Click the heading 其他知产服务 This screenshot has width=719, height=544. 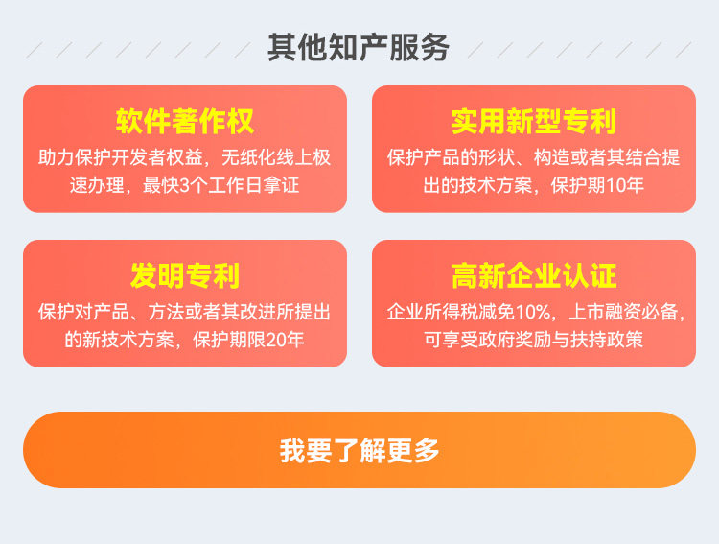tap(359, 48)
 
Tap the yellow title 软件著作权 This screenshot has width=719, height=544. tap(185, 122)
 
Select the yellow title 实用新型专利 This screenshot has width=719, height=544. tap(534, 122)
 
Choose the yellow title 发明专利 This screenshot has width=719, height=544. tap(185, 276)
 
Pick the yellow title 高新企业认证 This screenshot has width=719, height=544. tap(534, 276)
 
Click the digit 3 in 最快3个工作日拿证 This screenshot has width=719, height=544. tap(184, 185)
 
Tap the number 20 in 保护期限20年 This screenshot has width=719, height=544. tap(275, 340)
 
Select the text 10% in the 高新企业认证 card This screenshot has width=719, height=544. tap(533, 312)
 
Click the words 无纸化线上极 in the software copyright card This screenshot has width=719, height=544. tap(276, 157)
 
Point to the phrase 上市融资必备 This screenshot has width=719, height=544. tap(624, 312)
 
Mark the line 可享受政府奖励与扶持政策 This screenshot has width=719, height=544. tap(534, 340)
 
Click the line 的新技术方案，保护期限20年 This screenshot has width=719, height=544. tap(185, 340)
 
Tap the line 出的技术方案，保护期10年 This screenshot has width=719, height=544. tap(534, 185)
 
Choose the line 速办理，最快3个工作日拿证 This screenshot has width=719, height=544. tap(185, 185)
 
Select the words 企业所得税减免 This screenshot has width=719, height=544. tap(452, 312)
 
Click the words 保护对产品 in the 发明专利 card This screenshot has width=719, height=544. tap(84, 312)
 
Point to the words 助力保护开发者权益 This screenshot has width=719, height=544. tap(121, 157)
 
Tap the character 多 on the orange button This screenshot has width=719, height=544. tap(427, 450)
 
